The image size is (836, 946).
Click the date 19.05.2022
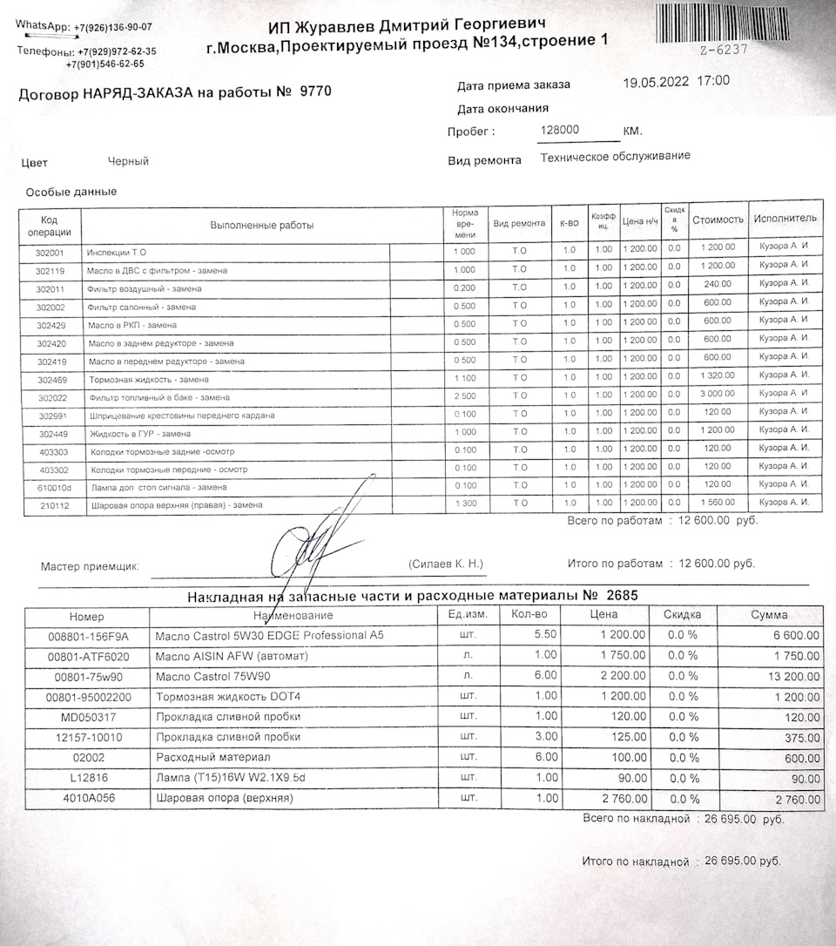click(653, 81)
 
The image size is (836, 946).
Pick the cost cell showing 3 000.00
click(718, 394)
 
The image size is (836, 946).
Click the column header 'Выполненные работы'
click(261, 226)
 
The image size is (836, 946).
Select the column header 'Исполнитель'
click(785, 218)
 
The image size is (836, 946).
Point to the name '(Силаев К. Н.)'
click(445, 564)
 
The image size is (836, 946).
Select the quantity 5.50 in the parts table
click(543, 635)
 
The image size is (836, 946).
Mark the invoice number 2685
click(622, 596)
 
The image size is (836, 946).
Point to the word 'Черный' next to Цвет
click(128, 161)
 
